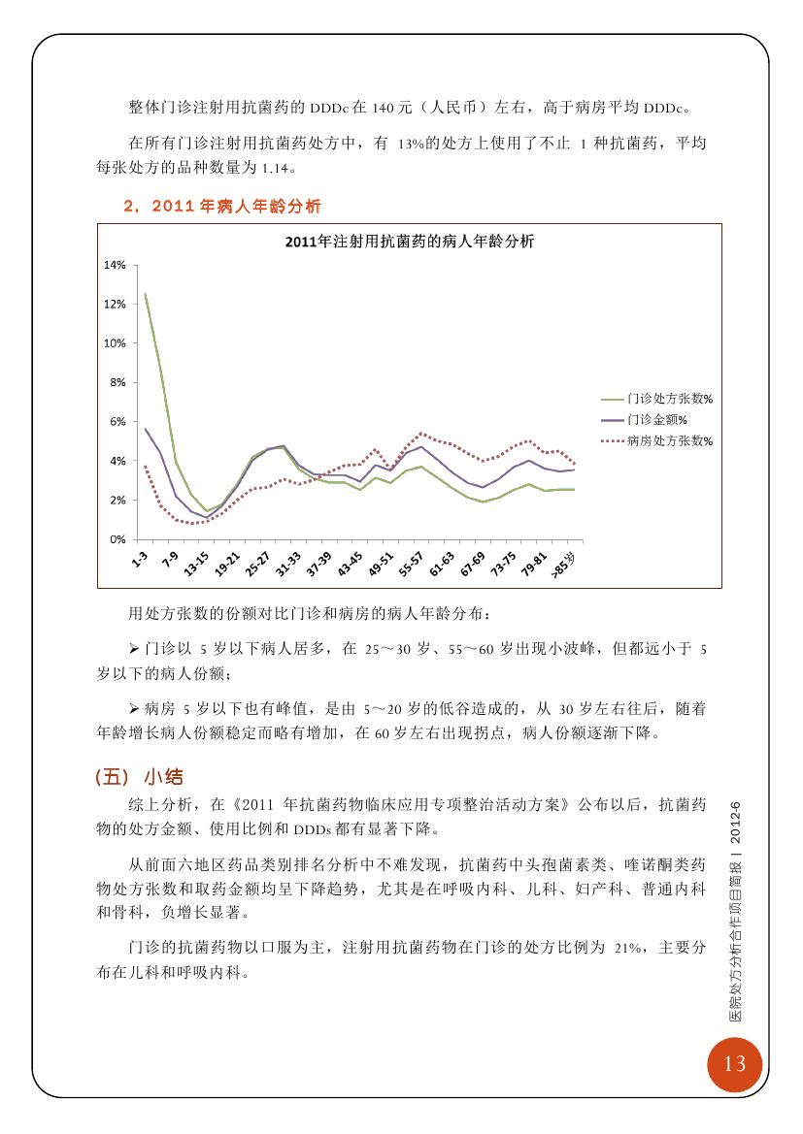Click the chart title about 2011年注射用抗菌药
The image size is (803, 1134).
(409, 242)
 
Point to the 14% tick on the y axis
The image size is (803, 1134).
(115, 265)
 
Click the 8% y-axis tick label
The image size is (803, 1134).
(117, 382)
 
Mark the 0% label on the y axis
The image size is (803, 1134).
(117, 539)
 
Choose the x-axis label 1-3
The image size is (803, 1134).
(140, 559)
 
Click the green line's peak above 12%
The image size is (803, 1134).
(146, 294)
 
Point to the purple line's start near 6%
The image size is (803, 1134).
(146, 429)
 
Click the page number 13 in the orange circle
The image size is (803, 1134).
(734, 1063)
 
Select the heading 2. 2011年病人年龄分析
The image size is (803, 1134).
(222, 206)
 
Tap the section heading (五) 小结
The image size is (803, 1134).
(139, 777)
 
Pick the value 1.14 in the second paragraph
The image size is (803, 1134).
(275, 169)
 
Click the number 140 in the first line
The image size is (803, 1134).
(383, 109)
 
